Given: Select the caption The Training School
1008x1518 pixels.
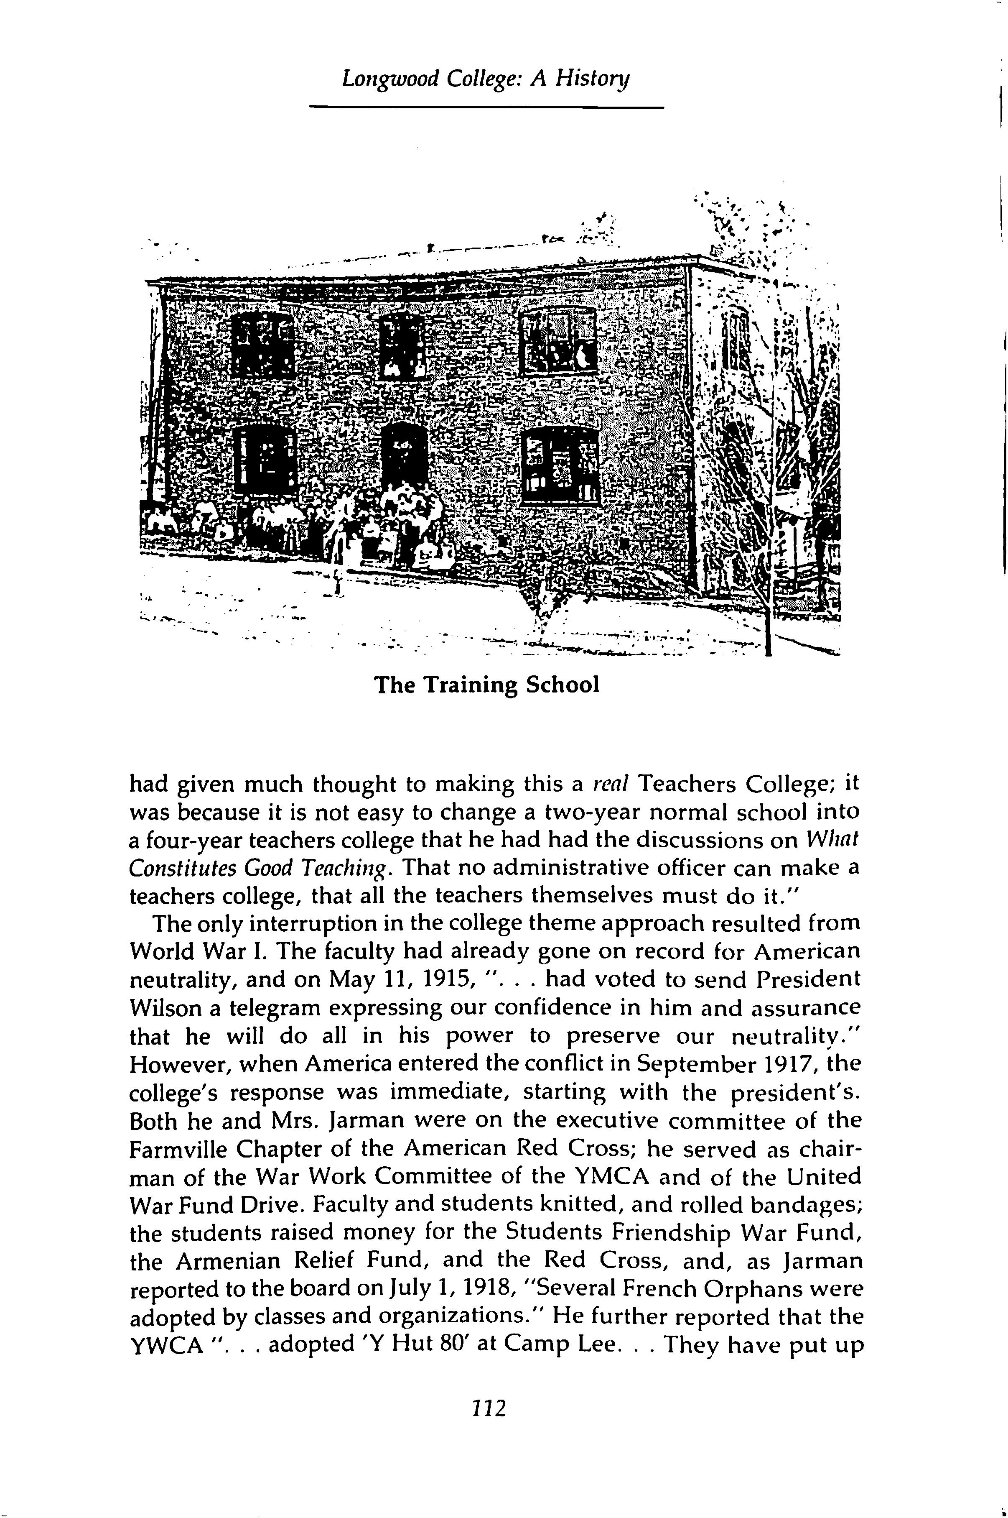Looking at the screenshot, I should pyautogui.click(x=486, y=685).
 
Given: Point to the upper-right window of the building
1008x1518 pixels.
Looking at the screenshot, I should pyautogui.click(x=557, y=340).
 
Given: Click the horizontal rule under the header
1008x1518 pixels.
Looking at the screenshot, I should pyautogui.click(x=486, y=107).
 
